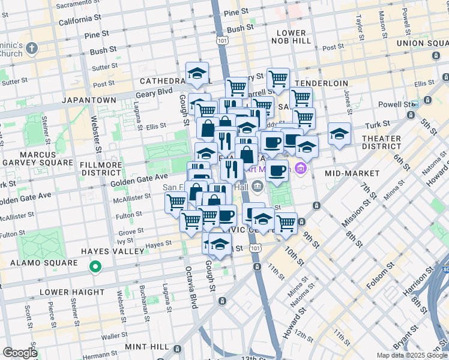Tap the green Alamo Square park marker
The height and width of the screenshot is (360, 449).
94,266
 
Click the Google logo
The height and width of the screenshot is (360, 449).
20,353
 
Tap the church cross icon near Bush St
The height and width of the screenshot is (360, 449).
32,47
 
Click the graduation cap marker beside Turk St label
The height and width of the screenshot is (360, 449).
339,134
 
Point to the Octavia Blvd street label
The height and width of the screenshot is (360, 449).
191,287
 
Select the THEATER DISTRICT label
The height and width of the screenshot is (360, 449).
381,142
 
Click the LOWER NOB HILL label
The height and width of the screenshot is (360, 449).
291,37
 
